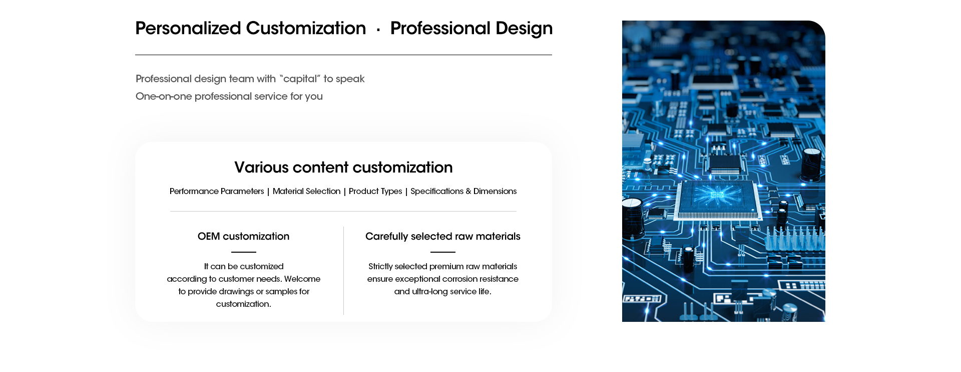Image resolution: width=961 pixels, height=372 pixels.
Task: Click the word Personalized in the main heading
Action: coord(188,29)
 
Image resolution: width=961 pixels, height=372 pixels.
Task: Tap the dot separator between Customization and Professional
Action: coord(378,30)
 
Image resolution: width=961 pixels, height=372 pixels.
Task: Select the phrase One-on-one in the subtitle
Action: coord(164,96)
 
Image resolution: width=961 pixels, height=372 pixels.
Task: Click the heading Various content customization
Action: coord(343,167)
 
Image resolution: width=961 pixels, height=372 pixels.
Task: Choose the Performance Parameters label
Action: coord(217,191)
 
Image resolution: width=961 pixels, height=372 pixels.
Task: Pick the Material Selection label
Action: coord(306,191)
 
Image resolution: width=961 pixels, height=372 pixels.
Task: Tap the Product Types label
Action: coord(375,192)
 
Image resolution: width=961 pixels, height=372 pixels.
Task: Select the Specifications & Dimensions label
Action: coord(463,192)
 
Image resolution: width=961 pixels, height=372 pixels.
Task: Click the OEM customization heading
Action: coord(243,236)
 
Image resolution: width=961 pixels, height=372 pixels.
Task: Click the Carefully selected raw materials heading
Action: coord(443,236)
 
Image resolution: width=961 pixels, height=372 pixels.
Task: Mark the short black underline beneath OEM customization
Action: coord(244,252)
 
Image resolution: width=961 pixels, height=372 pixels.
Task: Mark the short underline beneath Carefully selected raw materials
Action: coord(443,252)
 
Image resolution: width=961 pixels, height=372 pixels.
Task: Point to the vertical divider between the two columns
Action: coord(344,271)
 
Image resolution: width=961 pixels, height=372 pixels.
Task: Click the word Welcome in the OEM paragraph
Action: coord(302,279)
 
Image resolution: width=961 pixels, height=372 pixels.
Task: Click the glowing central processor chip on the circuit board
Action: coord(717,200)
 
